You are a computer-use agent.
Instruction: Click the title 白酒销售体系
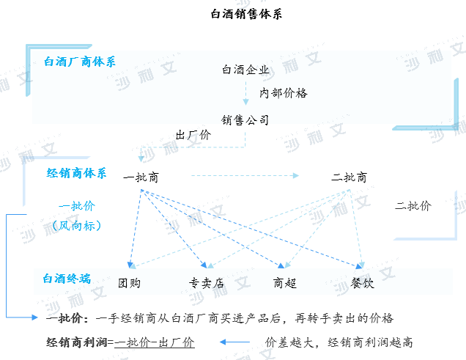click(x=246, y=14)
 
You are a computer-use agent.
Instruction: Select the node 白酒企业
click(x=245, y=70)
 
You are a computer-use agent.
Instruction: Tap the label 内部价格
click(x=284, y=93)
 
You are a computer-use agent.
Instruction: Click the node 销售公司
click(x=245, y=120)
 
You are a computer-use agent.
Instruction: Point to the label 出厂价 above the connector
click(x=193, y=135)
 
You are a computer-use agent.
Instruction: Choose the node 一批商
click(x=141, y=177)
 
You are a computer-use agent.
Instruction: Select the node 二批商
click(x=349, y=177)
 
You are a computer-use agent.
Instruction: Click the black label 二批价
click(x=413, y=206)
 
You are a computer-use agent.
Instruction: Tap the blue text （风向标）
click(x=77, y=226)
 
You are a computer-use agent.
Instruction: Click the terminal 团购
click(x=129, y=283)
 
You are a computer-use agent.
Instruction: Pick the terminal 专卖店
click(x=207, y=283)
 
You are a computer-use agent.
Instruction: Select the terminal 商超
click(x=285, y=283)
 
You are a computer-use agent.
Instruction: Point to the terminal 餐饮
click(x=362, y=283)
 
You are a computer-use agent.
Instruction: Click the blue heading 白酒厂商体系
click(x=80, y=62)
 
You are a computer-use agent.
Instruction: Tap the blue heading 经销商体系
click(x=76, y=173)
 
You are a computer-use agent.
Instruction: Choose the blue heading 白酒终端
click(x=67, y=279)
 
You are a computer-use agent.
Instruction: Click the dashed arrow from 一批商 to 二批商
click(x=245, y=176)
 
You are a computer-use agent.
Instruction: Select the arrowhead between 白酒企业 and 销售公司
click(x=245, y=102)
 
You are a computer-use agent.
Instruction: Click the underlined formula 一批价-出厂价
click(x=155, y=342)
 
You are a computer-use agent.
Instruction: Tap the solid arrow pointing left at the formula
click(x=234, y=342)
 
